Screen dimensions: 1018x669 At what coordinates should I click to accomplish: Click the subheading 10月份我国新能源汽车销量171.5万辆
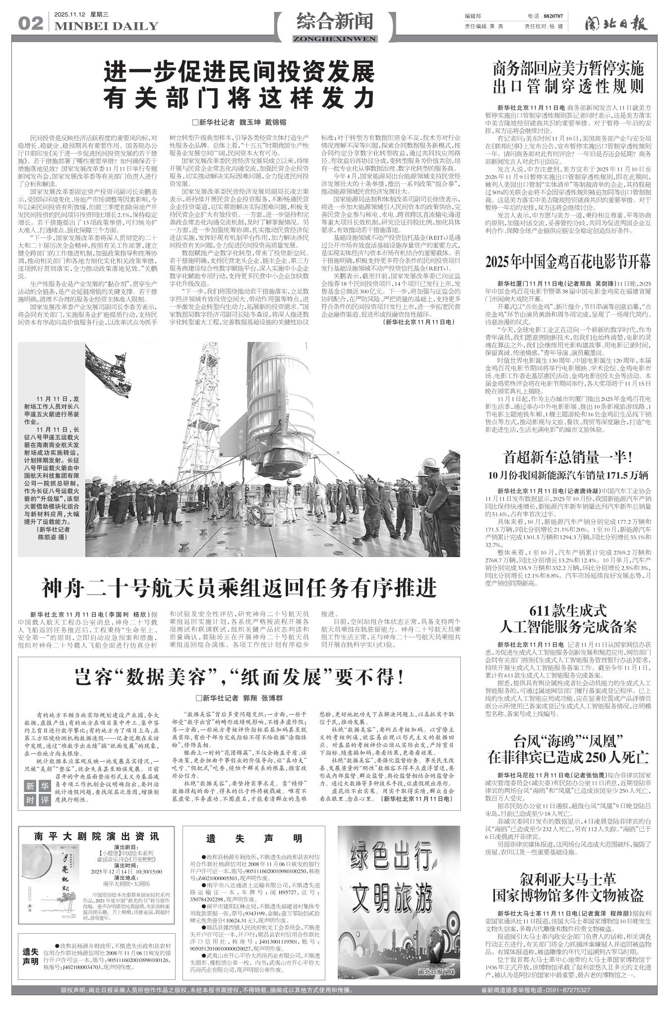click(568, 476)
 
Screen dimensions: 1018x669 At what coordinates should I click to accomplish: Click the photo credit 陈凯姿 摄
click(51, 537)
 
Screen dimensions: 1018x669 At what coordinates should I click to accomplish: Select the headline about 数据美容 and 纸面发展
click(239, 677)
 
